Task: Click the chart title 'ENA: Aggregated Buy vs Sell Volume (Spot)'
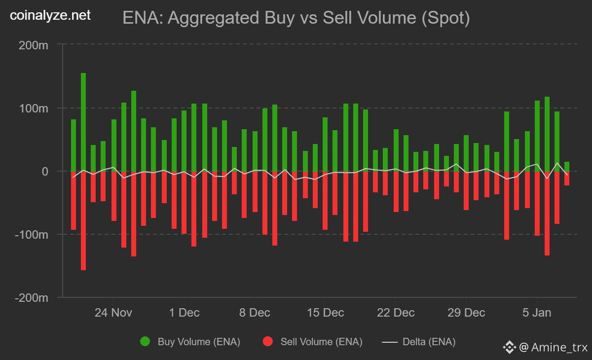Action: [296, 18]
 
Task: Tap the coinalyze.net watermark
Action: [51, 16]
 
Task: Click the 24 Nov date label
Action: [113, 313]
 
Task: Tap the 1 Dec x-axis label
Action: [184, 313]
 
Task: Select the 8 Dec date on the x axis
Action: [254, 313]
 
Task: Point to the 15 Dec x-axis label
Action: [325, 313]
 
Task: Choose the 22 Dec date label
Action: [395, 313]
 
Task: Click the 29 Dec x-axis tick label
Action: [466, 313]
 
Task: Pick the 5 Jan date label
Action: [536, 313]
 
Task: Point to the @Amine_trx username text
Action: [553, 348]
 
